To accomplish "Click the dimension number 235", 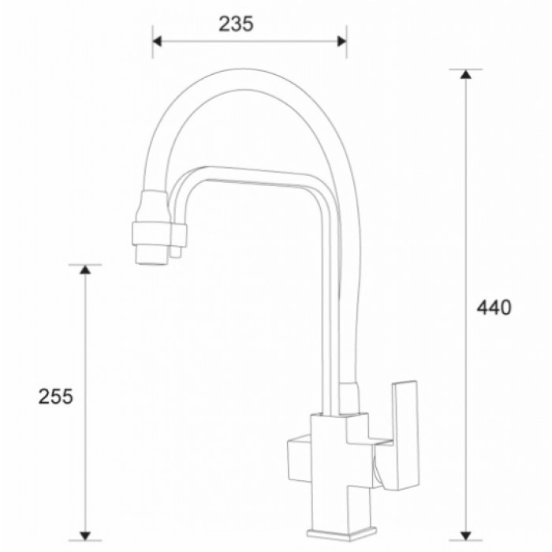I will point(237,24).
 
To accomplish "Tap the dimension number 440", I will point(494,307).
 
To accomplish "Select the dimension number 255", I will point(55,397).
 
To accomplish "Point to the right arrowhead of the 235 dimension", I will point(341,41).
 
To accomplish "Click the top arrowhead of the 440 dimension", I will point(466,75).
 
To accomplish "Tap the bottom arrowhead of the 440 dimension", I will point(466,534).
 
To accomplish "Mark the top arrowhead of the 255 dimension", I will point(85,270).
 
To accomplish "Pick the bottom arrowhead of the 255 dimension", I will point(85,534).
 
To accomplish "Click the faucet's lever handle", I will point(405,434).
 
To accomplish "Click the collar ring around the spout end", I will point(158,233).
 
